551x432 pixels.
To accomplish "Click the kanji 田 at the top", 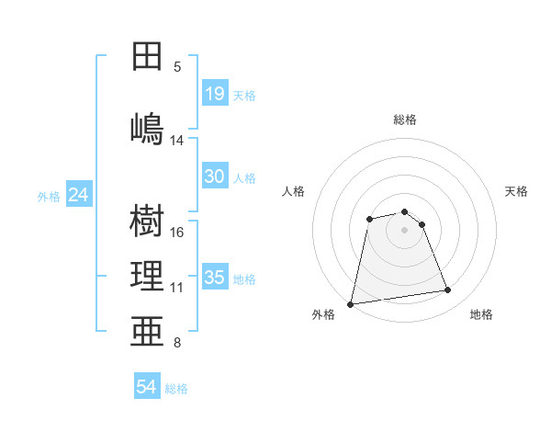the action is pyautogui.click(x=147, y=56).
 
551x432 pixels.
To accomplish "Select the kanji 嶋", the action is pyautogui.click(x=147, y=129).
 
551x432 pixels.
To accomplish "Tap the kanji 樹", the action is pyautogui.click(x=147, y=221).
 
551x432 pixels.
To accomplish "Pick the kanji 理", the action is pyautogui.click(x=147, y=276).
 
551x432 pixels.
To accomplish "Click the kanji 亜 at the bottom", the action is pyautogui.click(x=147, y=331).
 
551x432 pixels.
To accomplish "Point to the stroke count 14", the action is pyautogui.click(x=176, y=141).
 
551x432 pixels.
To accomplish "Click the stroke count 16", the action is pyautogui.click(x=176, y=233).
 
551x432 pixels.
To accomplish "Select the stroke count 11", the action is pyautogui.click(x=176, y=288).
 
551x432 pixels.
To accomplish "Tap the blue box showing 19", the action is pyautogui.click(x=216, y=93).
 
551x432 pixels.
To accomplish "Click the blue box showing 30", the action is pyautogui.click(x=216, y=176).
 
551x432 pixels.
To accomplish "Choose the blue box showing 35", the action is pyautogui.click(x=216, y=276).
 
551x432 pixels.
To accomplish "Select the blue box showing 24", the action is pyautogui.click(x=79, y=194).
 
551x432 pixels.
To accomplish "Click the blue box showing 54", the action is pyautogui.click(x=147, y=385).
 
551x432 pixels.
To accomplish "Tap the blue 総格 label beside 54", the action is pyautogui.click(x=176, y=389).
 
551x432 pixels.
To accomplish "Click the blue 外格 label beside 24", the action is pyautogui.click(x=49, y=197).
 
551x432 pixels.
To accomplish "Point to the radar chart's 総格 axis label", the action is pyautogui.click(x=405, y=119).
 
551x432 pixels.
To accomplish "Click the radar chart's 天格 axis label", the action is pyautogui.click(x=516, y=191).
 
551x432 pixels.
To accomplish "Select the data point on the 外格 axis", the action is pyautogui.click(x=350, y=304).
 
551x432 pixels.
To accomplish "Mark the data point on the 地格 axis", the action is pyautogui.click(x=448, y=290).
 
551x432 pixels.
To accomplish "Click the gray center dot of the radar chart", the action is pyautogui.click(x=404, y=230).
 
